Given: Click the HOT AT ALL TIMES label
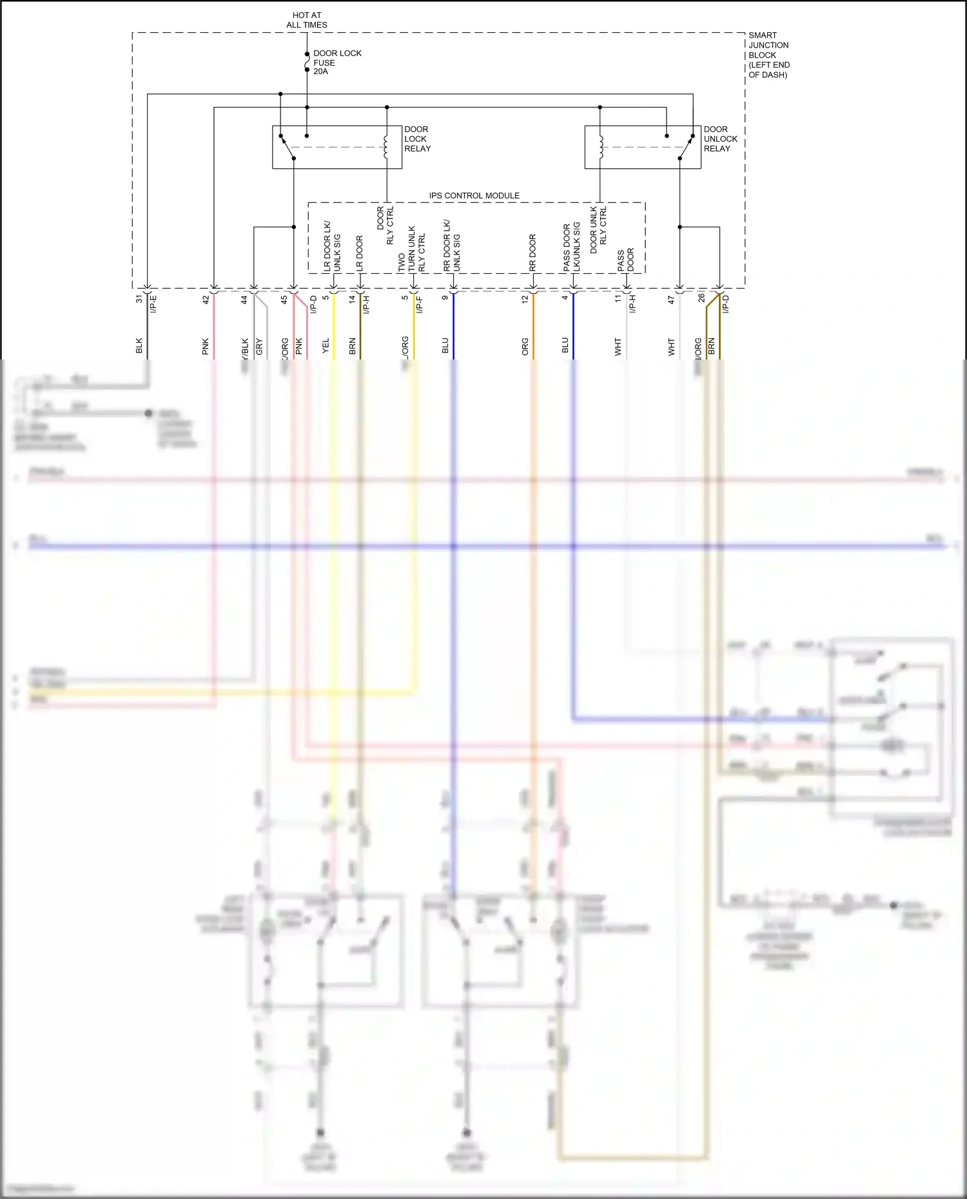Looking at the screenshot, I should coord(307,20).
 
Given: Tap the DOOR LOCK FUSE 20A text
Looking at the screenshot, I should coord(337,62).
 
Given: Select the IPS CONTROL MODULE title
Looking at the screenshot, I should coord(474,195).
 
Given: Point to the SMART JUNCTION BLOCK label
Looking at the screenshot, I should coord(768,55).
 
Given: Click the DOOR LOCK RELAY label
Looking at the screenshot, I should coord(417,139).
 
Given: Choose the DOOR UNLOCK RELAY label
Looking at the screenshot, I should coord(720,139).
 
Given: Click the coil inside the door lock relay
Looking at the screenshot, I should coord(386,147).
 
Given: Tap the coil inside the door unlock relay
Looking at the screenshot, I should coord(600,147).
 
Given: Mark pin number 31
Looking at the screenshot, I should coord(139,299).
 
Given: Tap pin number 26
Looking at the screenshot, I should coord(701,298).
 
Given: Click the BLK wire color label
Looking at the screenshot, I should coord(139,346).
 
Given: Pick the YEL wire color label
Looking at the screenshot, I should coord(326,346).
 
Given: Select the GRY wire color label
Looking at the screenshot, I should coord(259,347).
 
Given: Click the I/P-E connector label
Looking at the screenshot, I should coord(153,304).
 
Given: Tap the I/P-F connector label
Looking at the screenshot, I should coord(420,304).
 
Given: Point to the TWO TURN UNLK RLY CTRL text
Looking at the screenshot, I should coord(411,249).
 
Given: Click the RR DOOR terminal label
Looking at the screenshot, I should coord(532,252).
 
